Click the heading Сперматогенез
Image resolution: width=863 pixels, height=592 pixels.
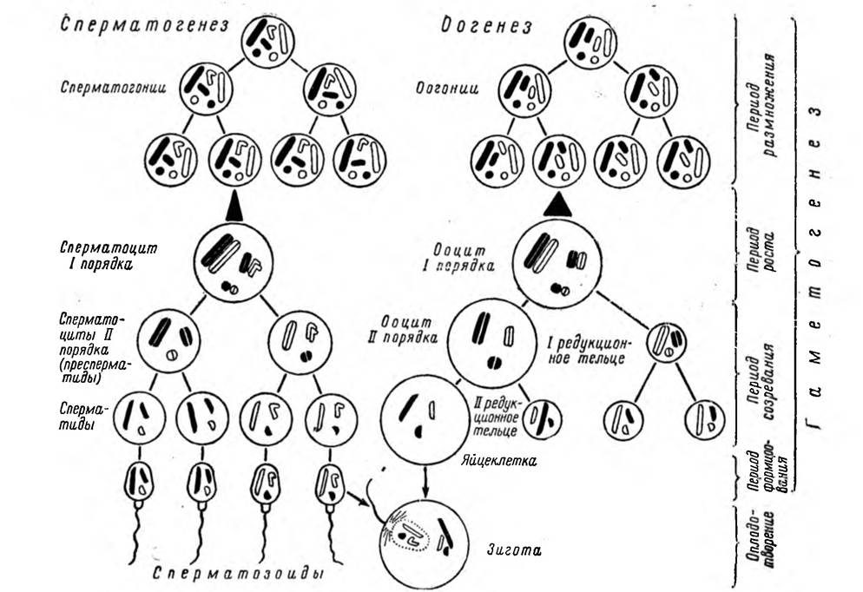point(144,25)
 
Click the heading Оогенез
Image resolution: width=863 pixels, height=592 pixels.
point(486,26)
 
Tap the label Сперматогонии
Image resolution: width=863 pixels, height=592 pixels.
point(114,88)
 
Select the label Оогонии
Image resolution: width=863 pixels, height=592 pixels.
point(446,89)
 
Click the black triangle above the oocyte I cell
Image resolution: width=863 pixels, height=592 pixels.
point(558,204)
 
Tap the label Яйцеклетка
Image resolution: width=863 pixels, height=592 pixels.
point(498,461)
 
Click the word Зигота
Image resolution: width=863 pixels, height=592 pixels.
point(513,550)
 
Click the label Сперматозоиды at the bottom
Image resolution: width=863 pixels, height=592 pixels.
point(238,574)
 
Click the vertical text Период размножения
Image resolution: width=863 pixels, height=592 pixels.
point(763,104)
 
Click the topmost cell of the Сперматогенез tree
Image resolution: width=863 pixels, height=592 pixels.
point(268,42)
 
